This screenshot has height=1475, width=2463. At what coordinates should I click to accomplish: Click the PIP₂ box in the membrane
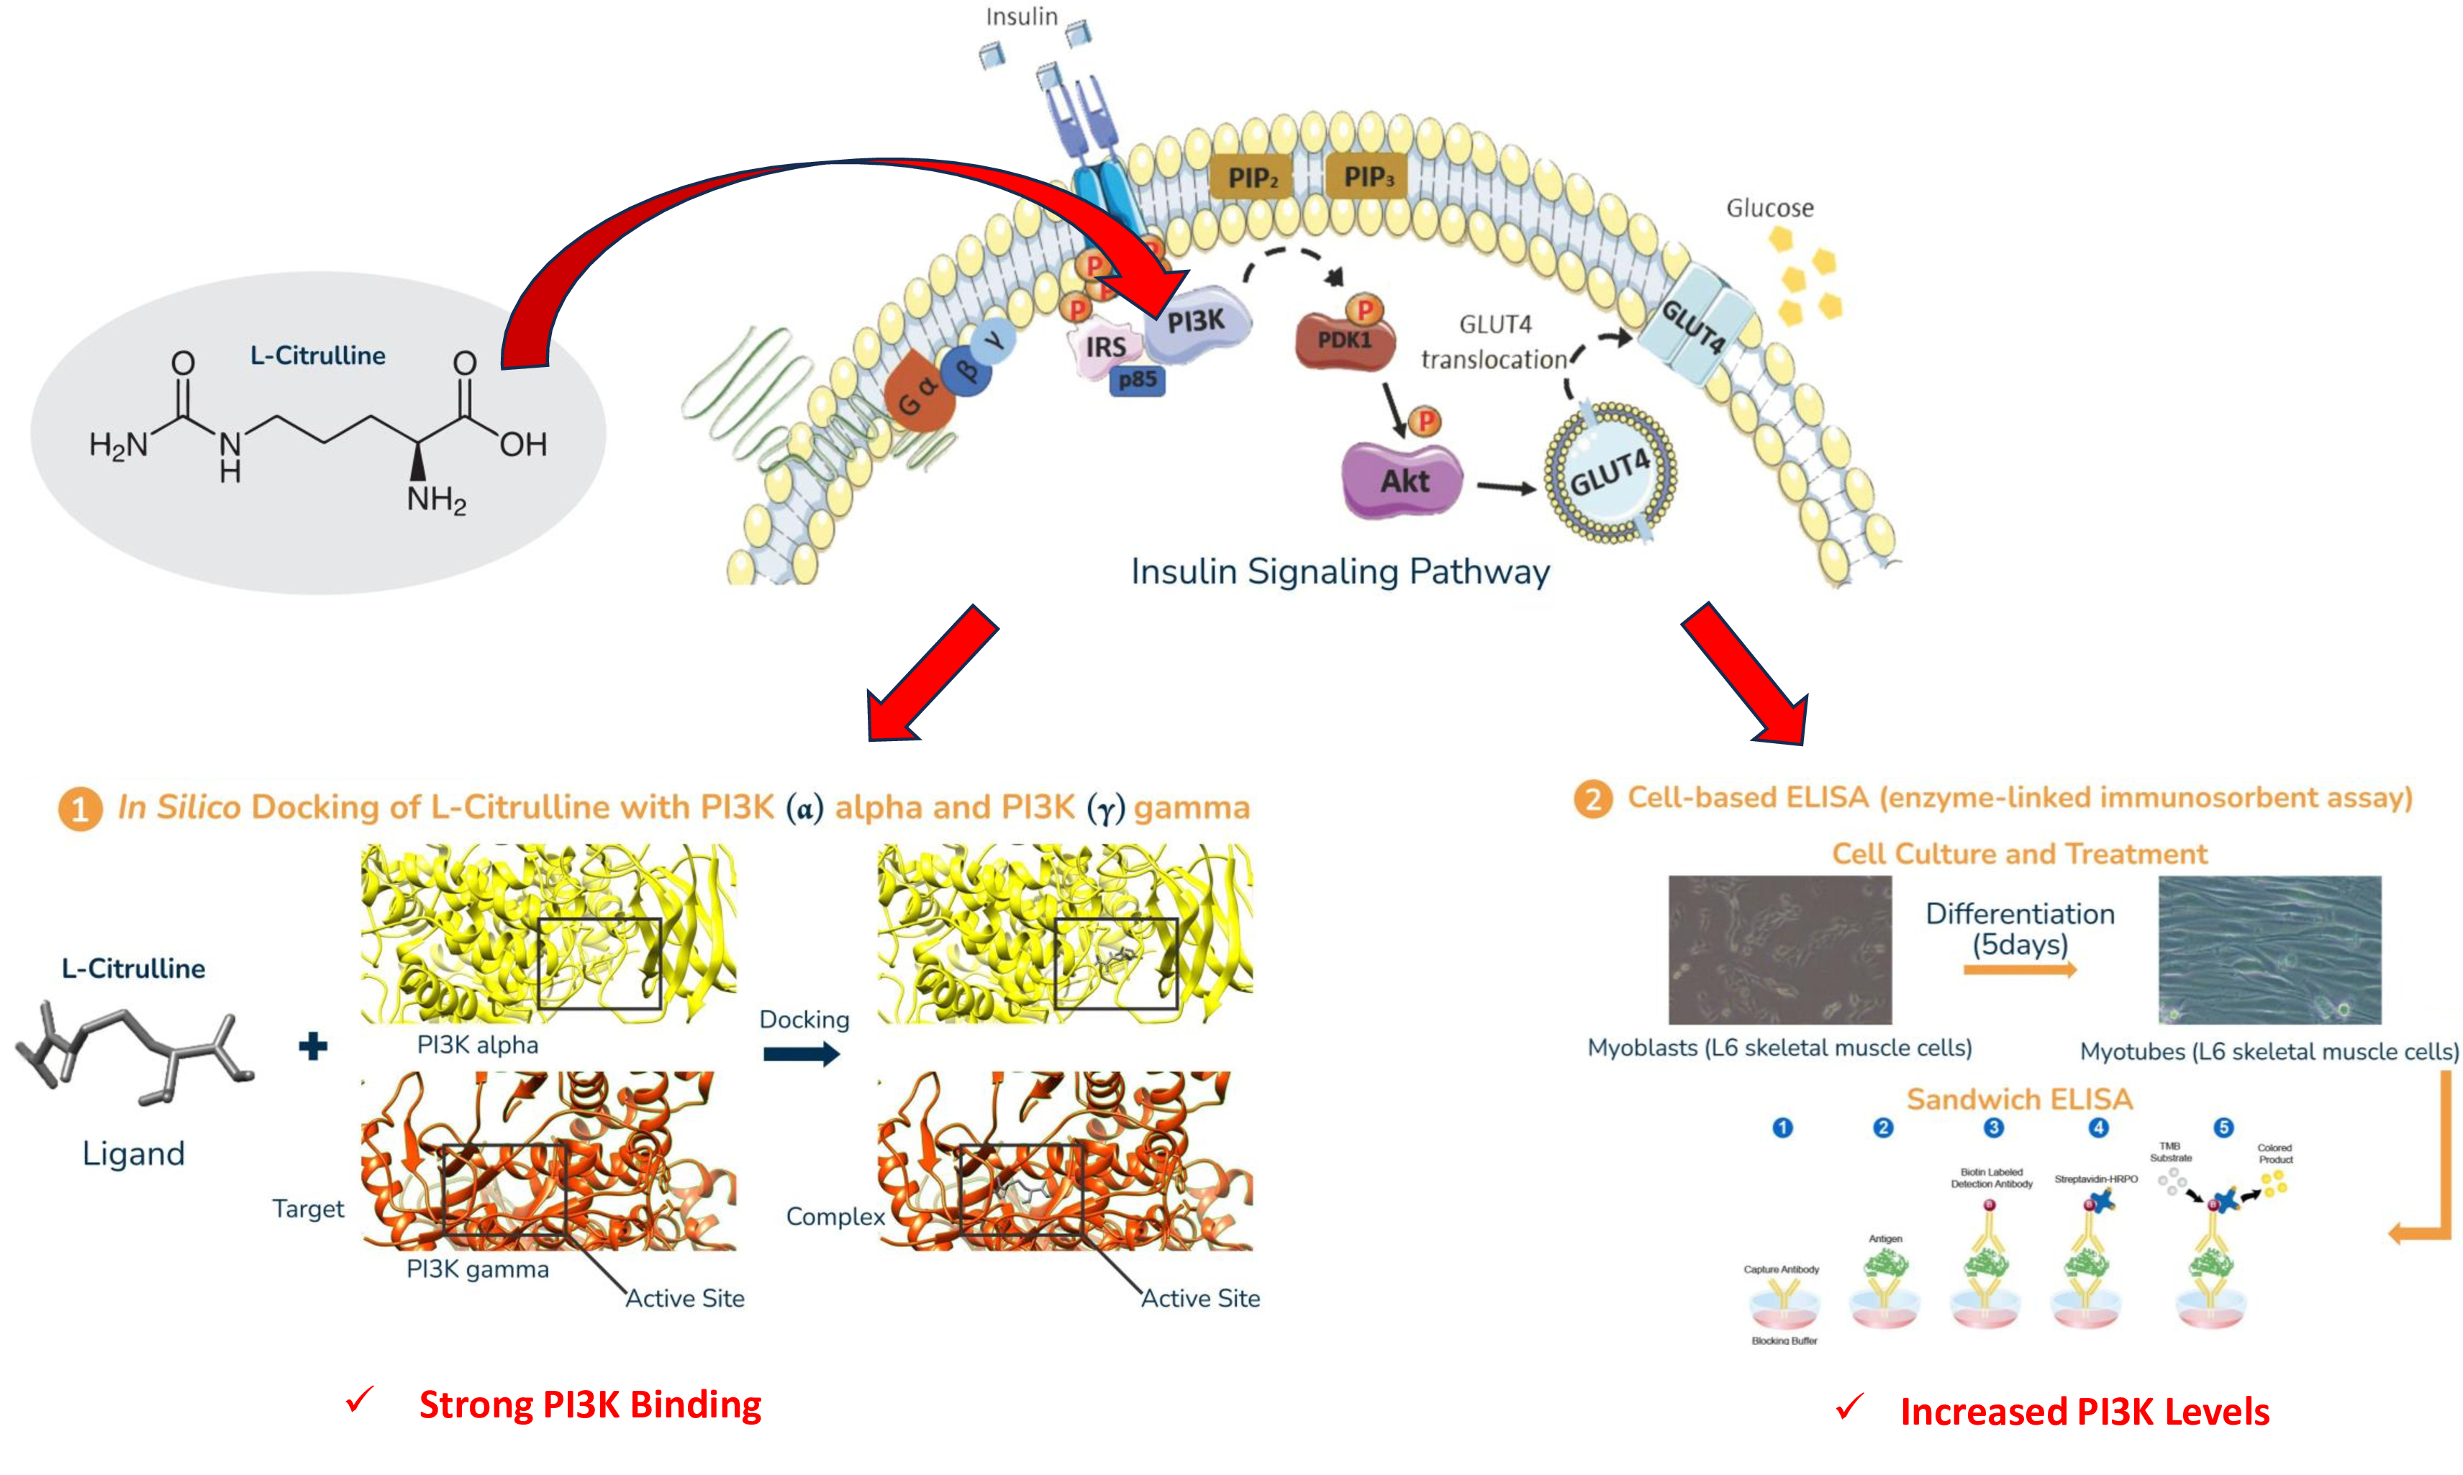(x=1251, y=178)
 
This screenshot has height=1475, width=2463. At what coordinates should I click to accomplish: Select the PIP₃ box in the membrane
(x=1368, y=177)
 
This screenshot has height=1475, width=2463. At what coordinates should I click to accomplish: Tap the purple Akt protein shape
(x=1402, y=481)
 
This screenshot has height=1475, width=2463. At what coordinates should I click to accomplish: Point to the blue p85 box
(x=1136, y=380)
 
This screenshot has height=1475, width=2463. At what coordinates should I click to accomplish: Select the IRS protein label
(x=1105, y=348)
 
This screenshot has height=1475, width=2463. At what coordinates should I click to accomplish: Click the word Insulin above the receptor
(x=1021, y=17)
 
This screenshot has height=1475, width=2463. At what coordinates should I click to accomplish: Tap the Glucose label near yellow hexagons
(x=1769, y=208)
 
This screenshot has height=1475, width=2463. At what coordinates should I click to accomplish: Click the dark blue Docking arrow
(x=801, y=1055)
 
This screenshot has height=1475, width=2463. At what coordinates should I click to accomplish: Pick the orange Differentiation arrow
(x=2020, y=969)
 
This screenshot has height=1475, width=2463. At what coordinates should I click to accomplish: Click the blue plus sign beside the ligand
(x=313, y=1045)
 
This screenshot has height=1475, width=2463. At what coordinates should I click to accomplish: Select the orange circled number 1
(x=81, y=809)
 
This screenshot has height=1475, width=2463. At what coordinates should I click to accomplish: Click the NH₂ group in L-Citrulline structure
(x=435, y=499)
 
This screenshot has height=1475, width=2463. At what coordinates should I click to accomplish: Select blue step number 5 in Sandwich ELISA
(x=2223, y=1127)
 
